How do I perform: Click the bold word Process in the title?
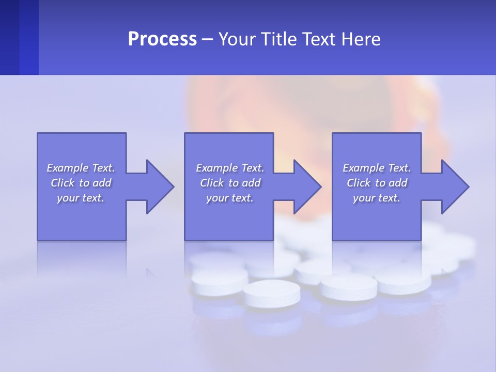162,39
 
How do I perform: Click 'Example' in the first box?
67,168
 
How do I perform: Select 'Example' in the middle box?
216,168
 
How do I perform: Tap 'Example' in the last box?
363,168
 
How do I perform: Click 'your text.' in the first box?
81,198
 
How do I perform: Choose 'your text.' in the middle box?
230,198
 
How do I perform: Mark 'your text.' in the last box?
377,198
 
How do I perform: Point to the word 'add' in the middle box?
251,183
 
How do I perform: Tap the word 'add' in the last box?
397,183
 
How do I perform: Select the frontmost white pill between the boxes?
271,293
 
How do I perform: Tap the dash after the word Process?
207,39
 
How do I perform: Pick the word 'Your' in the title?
236,39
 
